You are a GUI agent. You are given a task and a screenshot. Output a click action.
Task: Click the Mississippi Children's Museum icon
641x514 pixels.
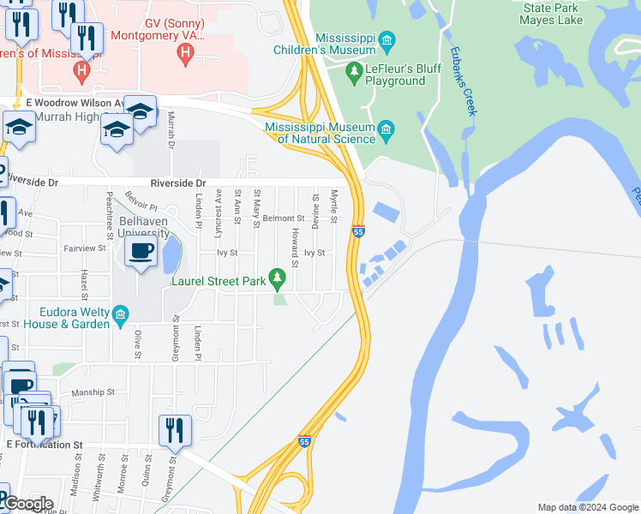click(387, 41)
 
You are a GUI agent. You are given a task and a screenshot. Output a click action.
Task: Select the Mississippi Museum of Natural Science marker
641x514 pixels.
click(386, 131)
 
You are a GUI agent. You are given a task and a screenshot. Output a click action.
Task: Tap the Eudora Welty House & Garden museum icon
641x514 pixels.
click(121, 316)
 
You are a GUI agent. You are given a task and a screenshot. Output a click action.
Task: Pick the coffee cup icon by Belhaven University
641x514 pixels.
click(141, 251)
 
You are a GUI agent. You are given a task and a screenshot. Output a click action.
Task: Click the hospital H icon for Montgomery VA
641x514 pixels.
click(183, 55)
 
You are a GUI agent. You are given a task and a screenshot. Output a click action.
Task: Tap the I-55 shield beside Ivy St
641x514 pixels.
click(358, 231)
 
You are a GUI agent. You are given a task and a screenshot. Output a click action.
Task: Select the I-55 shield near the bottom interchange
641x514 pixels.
click(304, 441)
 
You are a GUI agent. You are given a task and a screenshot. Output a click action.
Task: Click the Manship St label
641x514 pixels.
click(92, 392)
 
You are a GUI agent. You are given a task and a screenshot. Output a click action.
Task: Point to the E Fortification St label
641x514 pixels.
click(45, 445)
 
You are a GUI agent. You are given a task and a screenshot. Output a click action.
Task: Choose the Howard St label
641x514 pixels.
click(294, 247)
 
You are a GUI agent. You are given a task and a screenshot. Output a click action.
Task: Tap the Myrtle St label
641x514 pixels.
click(334, 206)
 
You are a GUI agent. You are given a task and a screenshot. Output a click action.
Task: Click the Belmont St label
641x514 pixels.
click(284, 218)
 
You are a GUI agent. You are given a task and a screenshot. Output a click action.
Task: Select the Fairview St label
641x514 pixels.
click(84, 248)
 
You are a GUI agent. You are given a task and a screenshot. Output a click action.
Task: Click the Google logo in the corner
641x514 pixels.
click(28, 504)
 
